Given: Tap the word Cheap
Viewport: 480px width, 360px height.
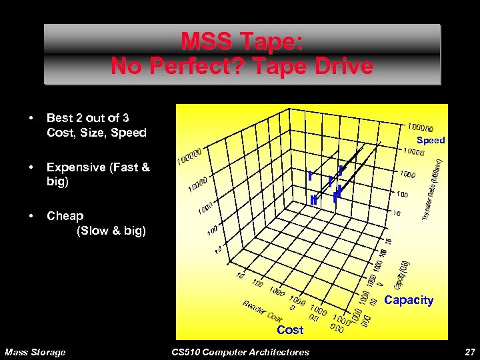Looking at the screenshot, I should (65, 216).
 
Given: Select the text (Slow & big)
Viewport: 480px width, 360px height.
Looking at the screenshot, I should (111, 231).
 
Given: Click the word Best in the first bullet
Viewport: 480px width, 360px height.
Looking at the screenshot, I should (59, 118).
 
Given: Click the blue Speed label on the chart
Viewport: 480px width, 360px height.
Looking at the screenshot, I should (431, 141).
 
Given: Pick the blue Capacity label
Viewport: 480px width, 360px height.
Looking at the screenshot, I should (409, 300).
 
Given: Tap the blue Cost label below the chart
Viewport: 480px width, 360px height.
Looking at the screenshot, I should (290, 330).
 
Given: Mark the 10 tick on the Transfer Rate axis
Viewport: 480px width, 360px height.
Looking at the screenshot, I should (397, 213).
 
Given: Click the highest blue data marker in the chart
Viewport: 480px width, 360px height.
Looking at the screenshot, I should (341, 171).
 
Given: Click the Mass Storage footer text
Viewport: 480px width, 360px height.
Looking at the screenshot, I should (35, 352).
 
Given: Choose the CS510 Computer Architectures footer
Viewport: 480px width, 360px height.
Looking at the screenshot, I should (240, 352).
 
